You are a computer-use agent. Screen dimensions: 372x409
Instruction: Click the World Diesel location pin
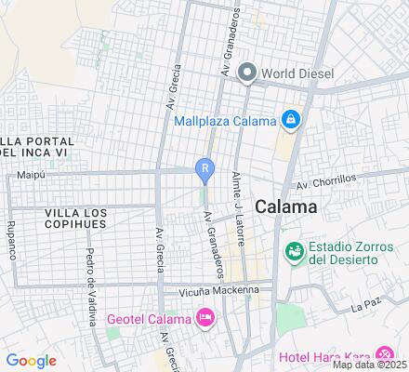[x=247, y=72]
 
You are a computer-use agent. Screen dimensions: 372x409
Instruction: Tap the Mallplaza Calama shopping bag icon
[x=292, y=121]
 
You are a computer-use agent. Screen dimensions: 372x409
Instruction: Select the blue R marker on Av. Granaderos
[x=204, y=168]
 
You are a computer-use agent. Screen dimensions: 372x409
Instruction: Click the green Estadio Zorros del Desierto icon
[x=295, y=250]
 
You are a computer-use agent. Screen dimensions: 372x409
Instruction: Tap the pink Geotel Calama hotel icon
[x=205, y=319]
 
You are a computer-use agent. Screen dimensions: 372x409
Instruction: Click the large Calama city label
[x=285, y=206]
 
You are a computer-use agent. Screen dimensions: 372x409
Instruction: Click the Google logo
[x=31, y=360]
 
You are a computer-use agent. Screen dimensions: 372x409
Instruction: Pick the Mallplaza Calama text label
[x=226, y=121]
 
